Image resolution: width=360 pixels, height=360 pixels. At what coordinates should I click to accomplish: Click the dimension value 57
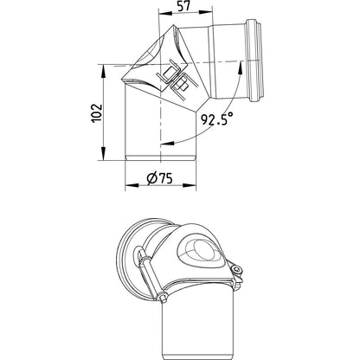184,6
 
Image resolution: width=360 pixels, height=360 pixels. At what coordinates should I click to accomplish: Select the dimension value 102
97,112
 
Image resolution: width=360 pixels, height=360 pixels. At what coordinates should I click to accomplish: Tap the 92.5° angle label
217,119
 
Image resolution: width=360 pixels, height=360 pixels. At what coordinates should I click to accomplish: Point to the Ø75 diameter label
159,178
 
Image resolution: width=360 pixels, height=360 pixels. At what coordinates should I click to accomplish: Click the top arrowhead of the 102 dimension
103,71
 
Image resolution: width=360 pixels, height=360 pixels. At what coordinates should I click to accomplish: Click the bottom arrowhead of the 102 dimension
103,153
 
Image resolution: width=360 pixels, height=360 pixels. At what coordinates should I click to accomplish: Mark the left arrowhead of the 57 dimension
165,12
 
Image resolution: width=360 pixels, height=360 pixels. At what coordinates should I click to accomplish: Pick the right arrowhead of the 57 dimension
206,12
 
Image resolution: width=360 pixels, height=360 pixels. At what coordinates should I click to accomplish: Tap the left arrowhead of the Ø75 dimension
132,185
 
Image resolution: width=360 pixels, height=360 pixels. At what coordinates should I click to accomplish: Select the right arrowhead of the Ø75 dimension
190,185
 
